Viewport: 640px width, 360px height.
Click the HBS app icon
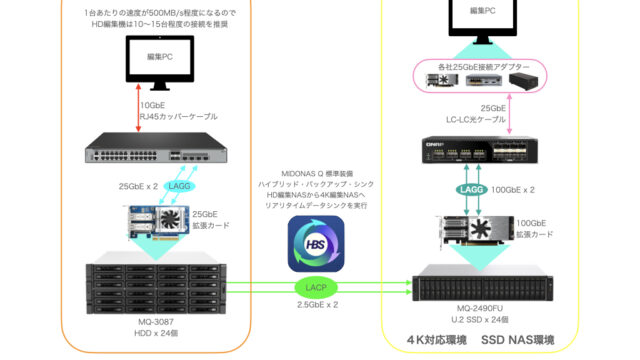pos(316,244)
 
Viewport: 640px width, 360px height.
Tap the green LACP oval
pos(316,287)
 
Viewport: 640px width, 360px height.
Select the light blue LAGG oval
pos(179,186)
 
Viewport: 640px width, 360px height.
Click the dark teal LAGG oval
pos(471,189)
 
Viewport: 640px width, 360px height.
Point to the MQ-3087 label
pos(156,322)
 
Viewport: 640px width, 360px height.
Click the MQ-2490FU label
pos(480,308)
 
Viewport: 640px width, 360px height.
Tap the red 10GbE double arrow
pos(138,108)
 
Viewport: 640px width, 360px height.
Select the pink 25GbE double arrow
pos(509,114)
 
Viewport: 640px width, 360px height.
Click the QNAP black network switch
pos(480,150)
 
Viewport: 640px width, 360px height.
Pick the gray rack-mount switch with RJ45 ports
pos(156,148)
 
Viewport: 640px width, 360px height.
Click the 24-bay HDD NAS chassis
pos(156,283)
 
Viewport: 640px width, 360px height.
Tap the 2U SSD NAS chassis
pos(482,283)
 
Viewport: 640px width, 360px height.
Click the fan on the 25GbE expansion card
pos(171,220)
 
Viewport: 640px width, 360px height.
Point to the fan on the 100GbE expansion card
pos(480,229)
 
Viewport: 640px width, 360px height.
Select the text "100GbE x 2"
pos(513,190)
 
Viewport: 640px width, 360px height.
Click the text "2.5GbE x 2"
pos(317,304)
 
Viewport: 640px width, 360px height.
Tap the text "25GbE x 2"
pos(138,187)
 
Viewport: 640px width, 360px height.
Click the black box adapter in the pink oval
pos(523,80)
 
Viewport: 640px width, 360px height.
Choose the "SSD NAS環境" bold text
pos(518,340)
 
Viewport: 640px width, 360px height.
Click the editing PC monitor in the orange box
pos(160,62)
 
